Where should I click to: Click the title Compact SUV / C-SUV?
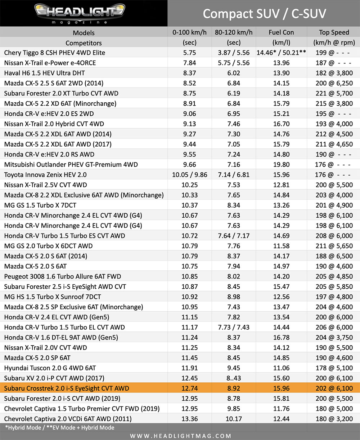[264, 14]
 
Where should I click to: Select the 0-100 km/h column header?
[189, 32]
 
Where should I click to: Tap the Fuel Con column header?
[281, 32]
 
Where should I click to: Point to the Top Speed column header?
[334, 32]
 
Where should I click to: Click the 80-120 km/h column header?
[234, 32]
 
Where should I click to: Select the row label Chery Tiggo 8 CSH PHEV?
[55, 53]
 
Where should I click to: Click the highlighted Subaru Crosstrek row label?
[67, 388]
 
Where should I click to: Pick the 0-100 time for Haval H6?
[189, 73]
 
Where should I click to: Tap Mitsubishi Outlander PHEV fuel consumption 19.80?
[281, 165]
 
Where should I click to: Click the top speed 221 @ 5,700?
[334, 93]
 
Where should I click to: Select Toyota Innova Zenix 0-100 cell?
[189, 175]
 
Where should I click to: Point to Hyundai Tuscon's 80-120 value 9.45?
[234, 368]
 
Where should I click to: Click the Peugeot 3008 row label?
[63, 276]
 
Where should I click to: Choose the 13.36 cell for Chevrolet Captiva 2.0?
[189, 419]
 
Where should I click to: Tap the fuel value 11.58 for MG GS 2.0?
[281, 246]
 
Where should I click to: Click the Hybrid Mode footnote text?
[60, 428]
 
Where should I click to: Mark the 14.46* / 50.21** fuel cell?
[281, 53]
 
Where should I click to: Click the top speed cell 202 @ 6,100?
[334, 388]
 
